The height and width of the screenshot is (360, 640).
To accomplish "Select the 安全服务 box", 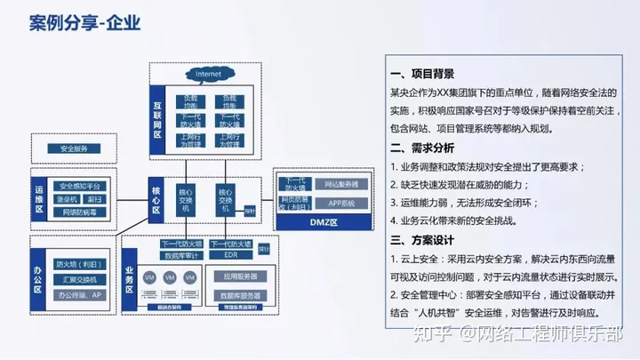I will click(68, 148).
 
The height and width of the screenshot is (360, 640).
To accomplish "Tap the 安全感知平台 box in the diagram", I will click(80, 186).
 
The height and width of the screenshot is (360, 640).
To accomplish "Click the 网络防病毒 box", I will click(80, 213).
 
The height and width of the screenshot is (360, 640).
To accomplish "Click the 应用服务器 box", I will click(239, 276).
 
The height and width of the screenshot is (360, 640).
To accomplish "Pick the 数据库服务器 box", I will click(239, 295).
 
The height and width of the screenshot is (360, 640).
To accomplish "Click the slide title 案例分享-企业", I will click(84, 21).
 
